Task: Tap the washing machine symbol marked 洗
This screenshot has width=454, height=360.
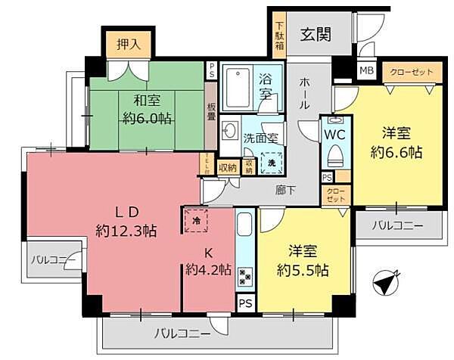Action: point(271,163)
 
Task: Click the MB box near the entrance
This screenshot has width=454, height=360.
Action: point(366,71)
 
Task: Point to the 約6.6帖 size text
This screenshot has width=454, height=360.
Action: point(397,151)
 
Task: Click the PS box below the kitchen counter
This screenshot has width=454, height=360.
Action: point(246,303)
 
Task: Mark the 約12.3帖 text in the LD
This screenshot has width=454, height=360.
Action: point(126,230)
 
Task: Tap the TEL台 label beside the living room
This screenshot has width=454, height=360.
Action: point(207,163)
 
